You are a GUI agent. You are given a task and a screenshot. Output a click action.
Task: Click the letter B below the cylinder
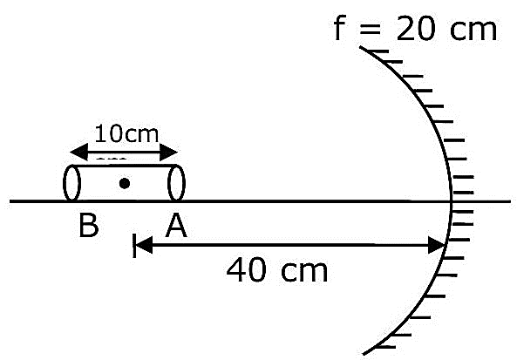click(x=89, y=226)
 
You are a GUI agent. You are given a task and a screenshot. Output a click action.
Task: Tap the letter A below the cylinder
click(x=176, y=226)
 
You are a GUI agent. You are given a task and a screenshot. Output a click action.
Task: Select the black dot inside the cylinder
click(x=125, y=183)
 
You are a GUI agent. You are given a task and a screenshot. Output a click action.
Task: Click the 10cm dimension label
click(x=126, y=134)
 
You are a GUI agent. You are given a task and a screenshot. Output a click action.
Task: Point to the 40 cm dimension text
click(x=277, y=270)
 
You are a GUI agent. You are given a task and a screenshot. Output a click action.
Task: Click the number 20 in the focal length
click(x=415, y=30)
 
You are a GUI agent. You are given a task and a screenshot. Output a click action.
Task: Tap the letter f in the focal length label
click(x=340, y=29)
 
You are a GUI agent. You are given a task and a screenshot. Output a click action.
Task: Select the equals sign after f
click(x=371, y=30)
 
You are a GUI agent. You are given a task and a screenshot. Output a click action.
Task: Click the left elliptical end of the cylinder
click(x=71, y=183)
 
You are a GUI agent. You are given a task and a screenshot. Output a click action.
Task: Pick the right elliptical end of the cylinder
click(x=176, y=183)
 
